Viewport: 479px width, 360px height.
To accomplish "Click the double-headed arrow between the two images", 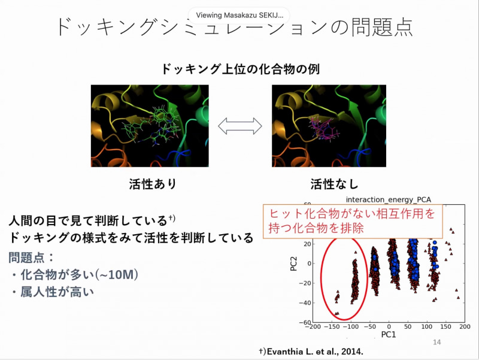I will pyautogui.click(x=240, y=126).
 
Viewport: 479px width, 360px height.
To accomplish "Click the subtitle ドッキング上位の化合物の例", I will pyautogui.click(x=240, y=69).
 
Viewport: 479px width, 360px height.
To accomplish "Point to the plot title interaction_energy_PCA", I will pyautogui.click(x=388, y=199).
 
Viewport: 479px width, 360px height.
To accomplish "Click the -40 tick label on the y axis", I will pyautogui.click(x=305, y=303).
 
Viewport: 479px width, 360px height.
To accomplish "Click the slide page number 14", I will pyautogui.click(x=436, y=342).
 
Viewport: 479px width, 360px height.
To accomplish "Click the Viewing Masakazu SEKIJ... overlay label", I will pyautogui.click(x=239, y=16).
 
